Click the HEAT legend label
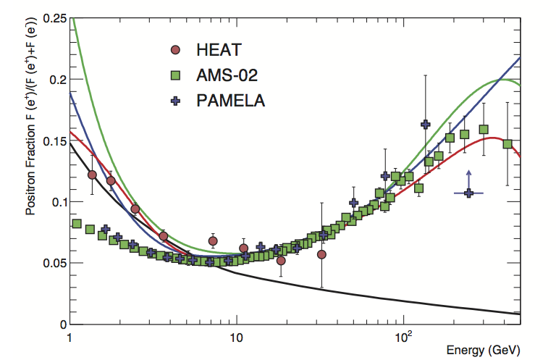[218, 50]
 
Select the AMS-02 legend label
[229, 75]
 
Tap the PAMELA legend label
[231, 100]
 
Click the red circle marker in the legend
[174, 50]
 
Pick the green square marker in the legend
[174, 75]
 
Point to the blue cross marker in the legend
[174, 100]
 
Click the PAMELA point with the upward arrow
[469, 193]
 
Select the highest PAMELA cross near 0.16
[426, 125]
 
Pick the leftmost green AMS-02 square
[77, 224]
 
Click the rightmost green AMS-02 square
[507, 143]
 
